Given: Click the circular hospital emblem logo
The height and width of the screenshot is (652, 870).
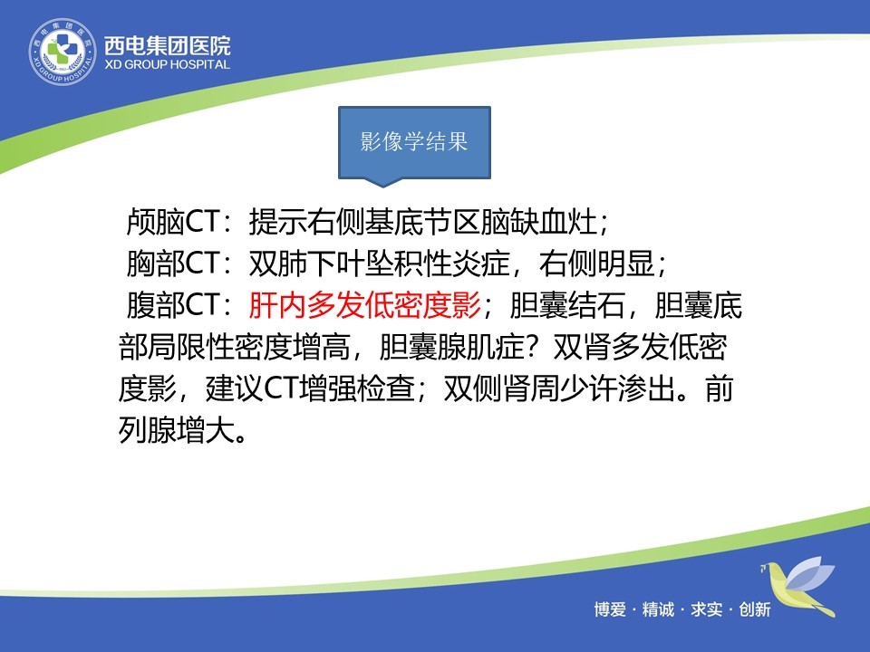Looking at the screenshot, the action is (x=63, y=53).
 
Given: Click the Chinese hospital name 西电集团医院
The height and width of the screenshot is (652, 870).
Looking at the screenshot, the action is (x=167, y=45).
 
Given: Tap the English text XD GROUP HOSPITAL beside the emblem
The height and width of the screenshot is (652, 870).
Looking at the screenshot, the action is (x=167, y=64).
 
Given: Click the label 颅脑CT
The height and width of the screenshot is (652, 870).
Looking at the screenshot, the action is (x=174, y=221).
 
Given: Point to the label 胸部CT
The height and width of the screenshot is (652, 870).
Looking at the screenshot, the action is (x=174, y=263).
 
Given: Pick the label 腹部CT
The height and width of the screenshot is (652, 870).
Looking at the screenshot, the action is (x=174, y=304).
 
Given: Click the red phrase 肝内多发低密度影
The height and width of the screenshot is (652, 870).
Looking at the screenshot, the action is (x=364, y=304).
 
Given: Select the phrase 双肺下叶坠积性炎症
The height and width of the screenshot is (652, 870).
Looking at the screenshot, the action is (x=379, y=263).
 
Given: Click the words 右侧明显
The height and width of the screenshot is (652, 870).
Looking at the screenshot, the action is (x=597, y=263).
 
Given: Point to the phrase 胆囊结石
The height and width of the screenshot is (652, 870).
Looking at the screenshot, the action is (x=567, y=304).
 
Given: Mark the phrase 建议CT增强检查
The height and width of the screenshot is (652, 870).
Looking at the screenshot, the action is (x=310, y=388).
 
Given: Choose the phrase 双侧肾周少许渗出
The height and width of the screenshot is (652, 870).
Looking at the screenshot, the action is (x=559, y=388).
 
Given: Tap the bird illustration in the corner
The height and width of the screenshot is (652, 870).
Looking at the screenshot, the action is (x=797, y=587).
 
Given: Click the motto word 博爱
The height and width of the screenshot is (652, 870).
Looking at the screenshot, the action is (x=610, y=609).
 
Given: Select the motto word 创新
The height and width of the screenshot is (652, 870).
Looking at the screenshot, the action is (x=755, y=609).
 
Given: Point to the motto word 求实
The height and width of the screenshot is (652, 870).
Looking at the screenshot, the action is (x=706, y=609).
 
